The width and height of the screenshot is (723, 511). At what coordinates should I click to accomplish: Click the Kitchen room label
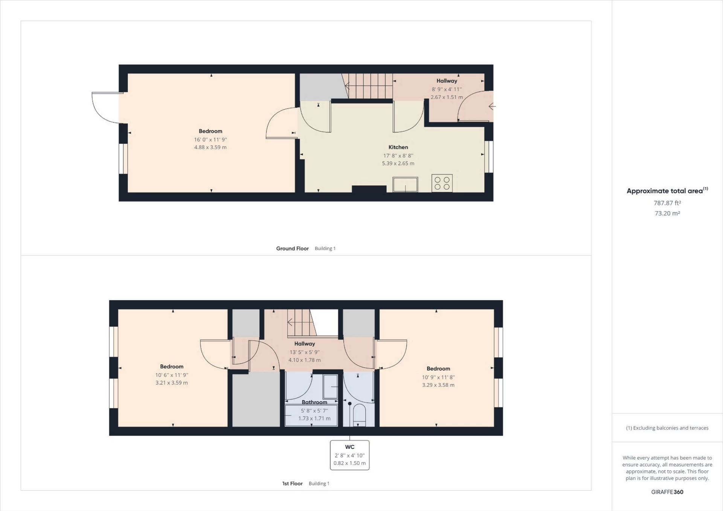click(398, 147)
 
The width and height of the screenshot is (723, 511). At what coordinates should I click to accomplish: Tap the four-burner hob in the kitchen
click(442, 183)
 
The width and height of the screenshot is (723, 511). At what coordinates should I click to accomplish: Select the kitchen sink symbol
click(405, 185)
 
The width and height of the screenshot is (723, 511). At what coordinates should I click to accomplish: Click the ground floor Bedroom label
click(210, 131)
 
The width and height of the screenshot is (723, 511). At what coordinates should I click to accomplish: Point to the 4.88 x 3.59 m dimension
click(210, 147)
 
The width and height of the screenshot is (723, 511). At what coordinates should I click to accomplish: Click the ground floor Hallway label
click(447, 81)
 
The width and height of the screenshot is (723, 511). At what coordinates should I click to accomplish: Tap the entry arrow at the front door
click(492, 107)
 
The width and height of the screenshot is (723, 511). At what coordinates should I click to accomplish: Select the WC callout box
click(349, 455)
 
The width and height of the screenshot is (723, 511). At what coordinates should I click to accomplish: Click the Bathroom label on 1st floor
click(314, 402)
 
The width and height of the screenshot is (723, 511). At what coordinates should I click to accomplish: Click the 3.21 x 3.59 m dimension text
click(172, 383)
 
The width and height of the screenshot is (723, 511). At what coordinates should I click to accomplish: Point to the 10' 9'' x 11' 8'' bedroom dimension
click(438, 377)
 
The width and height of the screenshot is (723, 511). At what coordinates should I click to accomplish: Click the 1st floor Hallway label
click(305, 343)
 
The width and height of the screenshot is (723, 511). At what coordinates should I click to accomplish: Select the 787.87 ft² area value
click(667, 203)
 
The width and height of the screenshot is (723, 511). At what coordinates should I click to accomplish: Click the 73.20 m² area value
click(667, 213)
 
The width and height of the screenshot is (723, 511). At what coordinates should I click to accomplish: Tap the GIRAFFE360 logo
click(667, 492)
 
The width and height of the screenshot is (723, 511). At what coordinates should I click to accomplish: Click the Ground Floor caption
click(292, 249)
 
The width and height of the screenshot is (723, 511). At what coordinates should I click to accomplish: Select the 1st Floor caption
click(292, 484)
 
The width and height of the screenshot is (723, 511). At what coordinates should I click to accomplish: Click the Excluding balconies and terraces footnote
click(667, 428)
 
